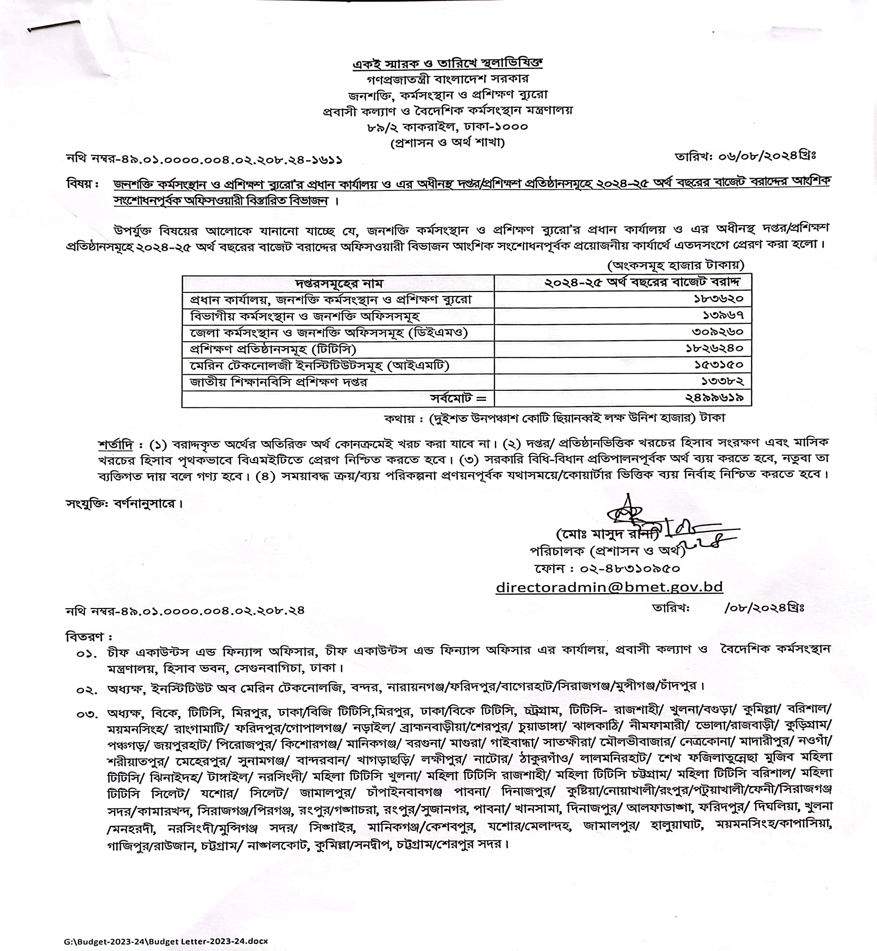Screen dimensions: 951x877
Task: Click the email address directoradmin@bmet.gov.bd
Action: click(x=609, y=587)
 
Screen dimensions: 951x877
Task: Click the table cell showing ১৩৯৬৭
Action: click(x=723, y=315)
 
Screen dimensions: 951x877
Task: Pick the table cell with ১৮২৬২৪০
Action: click(x=714, y=348)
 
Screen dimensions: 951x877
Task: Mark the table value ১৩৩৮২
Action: click(x=722, y=381)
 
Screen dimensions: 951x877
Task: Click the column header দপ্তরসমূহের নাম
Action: click(x=339, y=283)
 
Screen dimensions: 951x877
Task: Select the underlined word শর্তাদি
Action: click(x=116, y=445)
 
